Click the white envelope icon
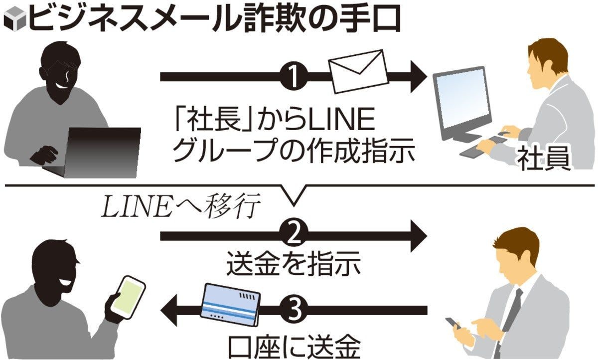357,71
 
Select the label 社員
543,160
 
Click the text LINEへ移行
180,207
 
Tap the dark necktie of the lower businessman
512,309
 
